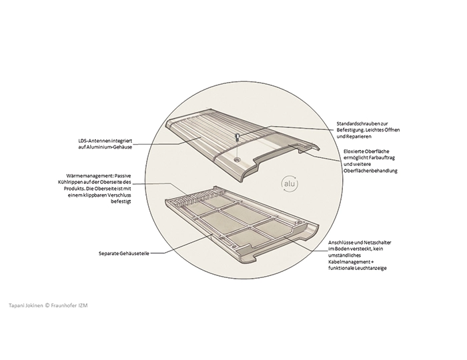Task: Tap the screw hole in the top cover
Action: [238, 160]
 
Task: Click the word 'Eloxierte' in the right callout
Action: [350, 151]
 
